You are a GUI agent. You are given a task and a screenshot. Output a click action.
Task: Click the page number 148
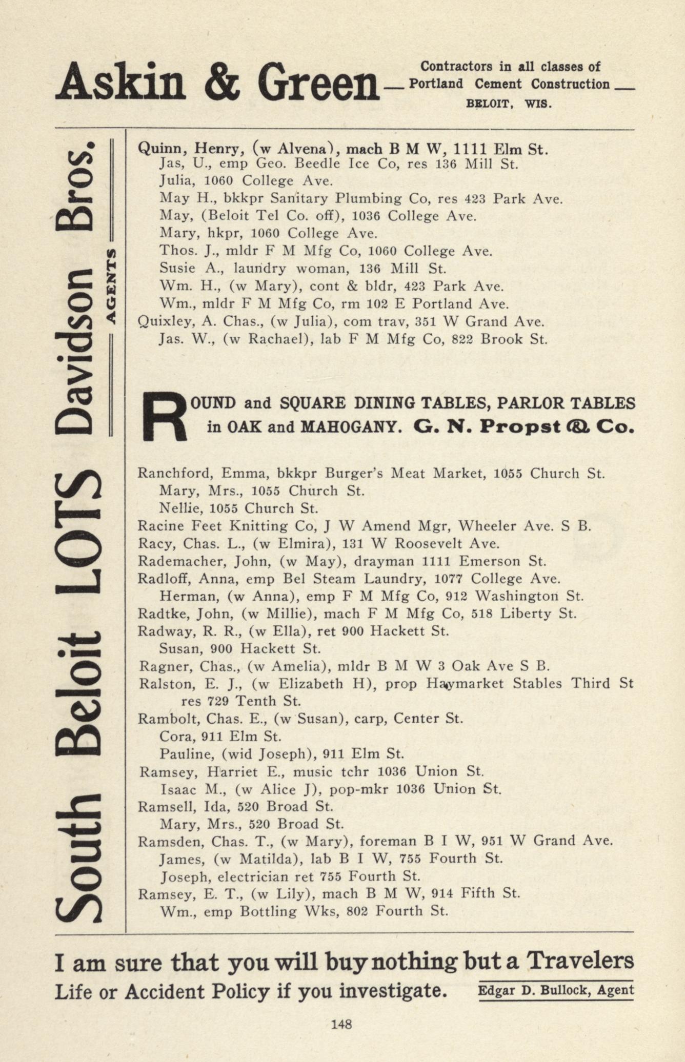tap(341, 1024)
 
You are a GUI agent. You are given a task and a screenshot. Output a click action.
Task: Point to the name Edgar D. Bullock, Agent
tap(556, 990)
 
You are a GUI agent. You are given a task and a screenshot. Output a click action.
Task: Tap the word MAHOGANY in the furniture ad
tap(351, 427)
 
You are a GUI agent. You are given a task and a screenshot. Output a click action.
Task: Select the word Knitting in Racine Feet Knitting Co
tap(252, 526)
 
